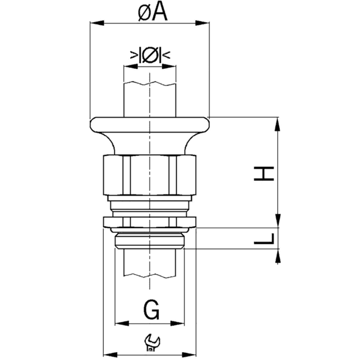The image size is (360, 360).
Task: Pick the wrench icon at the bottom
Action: [x=150, y=343]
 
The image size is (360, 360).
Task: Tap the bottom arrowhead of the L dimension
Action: [x=277, y=257]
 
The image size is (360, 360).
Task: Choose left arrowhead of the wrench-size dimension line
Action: [x=107, y=352]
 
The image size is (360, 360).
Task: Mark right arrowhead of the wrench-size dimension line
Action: [x=193, y=352]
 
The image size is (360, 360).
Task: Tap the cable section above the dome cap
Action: [x=150, y=96]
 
